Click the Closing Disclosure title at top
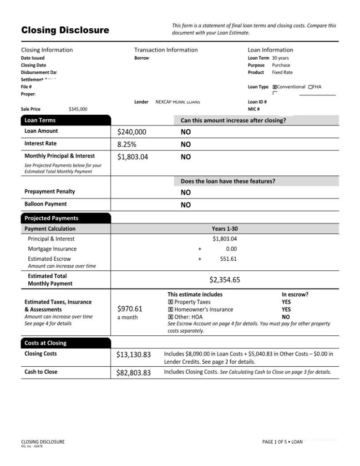click(65, 30)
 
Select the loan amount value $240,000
click(132, 132)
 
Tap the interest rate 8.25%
click(127, 144)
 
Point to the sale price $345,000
click(78, 109)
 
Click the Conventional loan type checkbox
click(274, 87)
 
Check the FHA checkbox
click(310, 87)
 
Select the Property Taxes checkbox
click(170, 302)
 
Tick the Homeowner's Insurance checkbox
click(170, 309)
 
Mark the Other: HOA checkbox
click(170, 317)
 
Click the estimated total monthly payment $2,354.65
click(224, 280)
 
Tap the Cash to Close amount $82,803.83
click(133, 373)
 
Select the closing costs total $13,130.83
click(133, 355)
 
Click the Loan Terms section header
click(40, 121)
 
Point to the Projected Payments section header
click(51, 218)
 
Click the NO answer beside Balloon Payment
click(186, 205)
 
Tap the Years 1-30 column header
click(224, 229)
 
